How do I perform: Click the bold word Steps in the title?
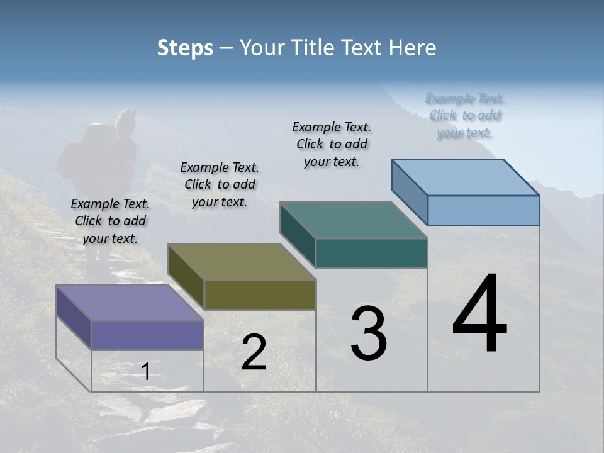pyautogui.click(x=185, y=48)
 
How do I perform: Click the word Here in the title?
pyautogui.click(x=411, y=48)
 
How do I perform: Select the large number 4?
pyautogui.click(x=479, y=315)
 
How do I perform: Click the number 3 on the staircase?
pyautogui.click(x=369, y=333)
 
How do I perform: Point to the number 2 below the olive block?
pyautogui.click(x=254, y=352)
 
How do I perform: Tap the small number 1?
pyautogui.click(x=146, y=372)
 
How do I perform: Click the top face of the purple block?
pyautogui.click(x=129, y=303)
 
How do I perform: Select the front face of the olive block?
pyautogui.click(x=260, y=295)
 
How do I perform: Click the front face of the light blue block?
pyautogui.click(x=483, y=210)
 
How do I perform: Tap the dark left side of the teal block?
pyautogui.click(x=297, y=234)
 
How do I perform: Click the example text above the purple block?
pyautogui.click(x=110, y=221)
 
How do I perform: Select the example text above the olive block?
pyautogui.click(x=220, y=184)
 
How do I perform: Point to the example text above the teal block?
pyautogui.click(x=332, y=144)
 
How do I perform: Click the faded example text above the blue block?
pyautogui.click(x=465, y=116)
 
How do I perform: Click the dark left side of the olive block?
pyautogui.click(x=186, y=275)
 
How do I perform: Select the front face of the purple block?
pyautogui.click(x=147, y=335)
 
